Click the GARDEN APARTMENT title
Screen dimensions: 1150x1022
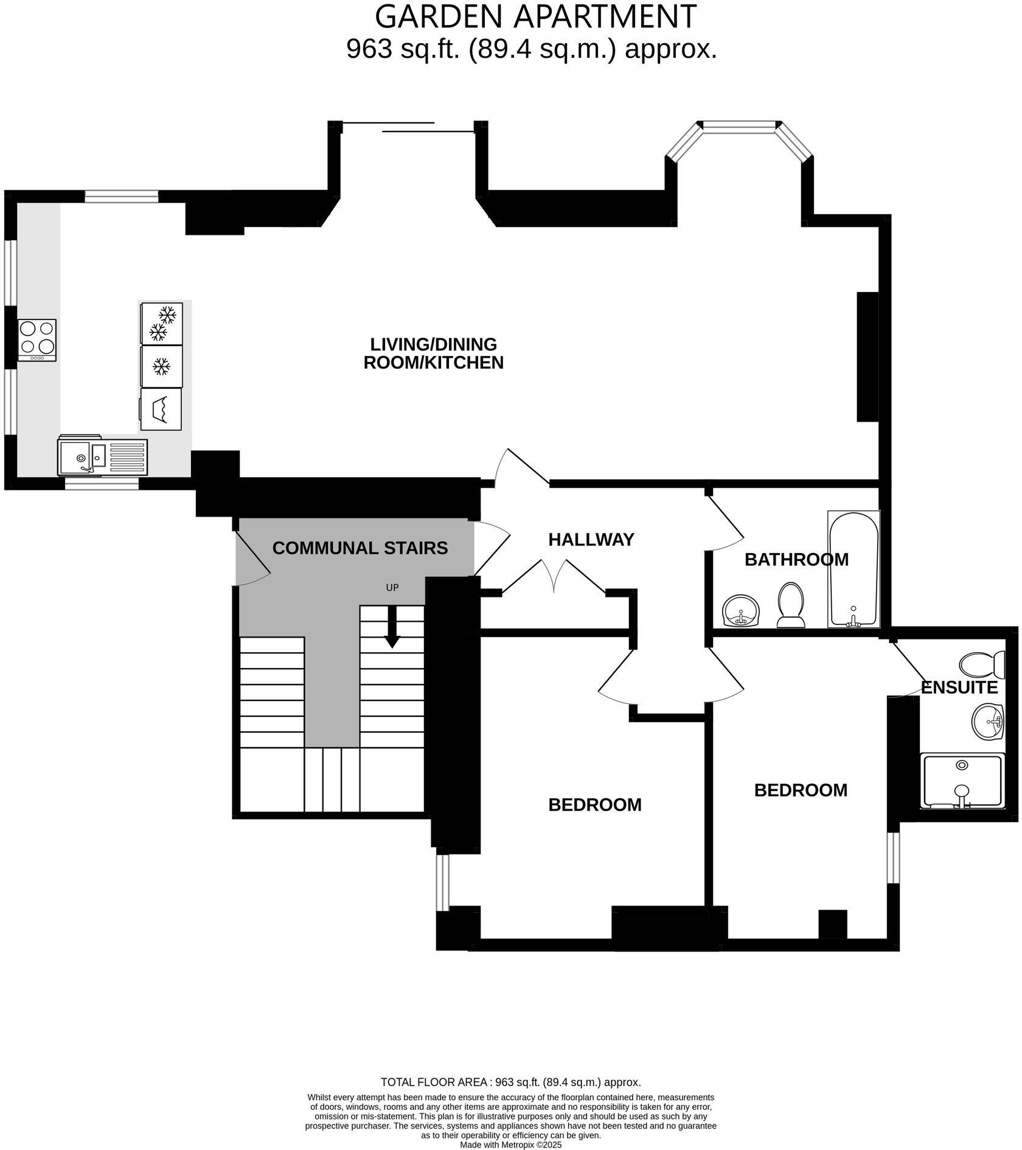535,16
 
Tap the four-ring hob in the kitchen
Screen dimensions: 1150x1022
37,340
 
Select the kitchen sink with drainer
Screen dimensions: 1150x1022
102,456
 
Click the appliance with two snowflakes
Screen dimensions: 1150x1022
162,323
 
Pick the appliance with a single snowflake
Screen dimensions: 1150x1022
161,366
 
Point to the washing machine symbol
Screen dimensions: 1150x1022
161,409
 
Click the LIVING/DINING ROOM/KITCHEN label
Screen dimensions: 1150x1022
433,354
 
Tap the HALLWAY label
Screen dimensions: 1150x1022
591,540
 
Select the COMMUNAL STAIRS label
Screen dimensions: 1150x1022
360,548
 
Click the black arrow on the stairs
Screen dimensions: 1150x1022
392,627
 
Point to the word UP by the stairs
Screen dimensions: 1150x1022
392,588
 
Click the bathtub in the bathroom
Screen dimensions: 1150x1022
853,569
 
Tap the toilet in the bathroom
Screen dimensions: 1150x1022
791,605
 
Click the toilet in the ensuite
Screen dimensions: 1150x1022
982,665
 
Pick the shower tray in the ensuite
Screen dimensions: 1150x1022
961,781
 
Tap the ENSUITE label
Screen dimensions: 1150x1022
959,688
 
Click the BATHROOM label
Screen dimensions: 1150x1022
796,560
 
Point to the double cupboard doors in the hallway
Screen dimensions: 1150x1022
554,576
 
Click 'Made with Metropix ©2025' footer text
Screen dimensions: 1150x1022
510,1145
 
